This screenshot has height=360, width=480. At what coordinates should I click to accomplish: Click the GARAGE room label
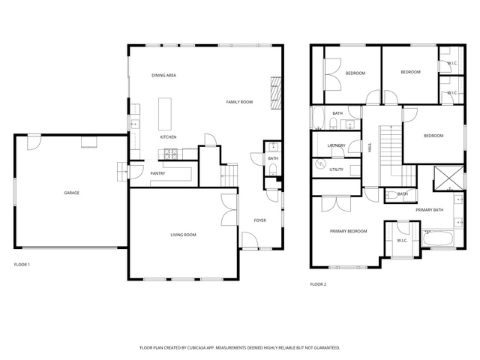point(72,193)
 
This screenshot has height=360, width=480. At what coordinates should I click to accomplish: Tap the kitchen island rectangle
point(165,114)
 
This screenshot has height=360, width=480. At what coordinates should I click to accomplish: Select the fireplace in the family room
point(276,93)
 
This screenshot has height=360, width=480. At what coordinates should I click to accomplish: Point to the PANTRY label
point(157,173)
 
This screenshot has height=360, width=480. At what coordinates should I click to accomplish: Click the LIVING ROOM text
point(183,235)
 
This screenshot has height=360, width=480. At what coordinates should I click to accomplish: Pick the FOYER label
point(260,220)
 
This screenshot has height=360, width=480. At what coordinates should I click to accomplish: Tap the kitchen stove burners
point(170,154)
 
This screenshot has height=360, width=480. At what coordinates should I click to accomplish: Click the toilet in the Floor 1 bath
point(272,169)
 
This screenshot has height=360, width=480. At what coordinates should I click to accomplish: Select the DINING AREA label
point(163,75)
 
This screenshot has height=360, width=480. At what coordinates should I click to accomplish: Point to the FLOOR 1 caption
point(22,265)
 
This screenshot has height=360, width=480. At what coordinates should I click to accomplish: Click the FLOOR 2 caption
point(318,284)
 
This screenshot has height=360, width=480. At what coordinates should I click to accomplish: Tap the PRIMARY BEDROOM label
point(348,232)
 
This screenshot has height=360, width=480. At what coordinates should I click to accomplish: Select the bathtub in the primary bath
point(438,238)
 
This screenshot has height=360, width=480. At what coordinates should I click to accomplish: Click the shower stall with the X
point(449,178)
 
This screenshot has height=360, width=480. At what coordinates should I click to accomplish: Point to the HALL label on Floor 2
point(370,148)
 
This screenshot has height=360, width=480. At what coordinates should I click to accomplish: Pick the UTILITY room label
point(337,169)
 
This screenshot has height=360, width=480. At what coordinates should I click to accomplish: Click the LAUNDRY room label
point(337,145)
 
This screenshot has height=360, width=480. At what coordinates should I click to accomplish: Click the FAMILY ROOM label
point(239,102)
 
